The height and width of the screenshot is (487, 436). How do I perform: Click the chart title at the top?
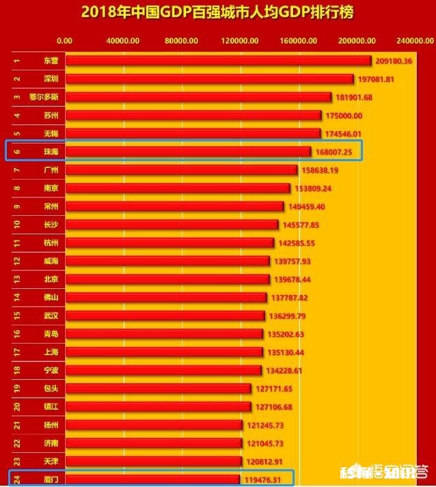217,12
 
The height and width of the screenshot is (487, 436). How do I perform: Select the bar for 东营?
218,61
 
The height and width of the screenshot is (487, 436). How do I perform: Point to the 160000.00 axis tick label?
299,40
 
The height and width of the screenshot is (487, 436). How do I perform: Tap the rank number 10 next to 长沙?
17,224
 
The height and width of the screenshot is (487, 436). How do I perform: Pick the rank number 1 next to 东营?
17,61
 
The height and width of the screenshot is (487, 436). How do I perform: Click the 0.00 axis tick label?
65,40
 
